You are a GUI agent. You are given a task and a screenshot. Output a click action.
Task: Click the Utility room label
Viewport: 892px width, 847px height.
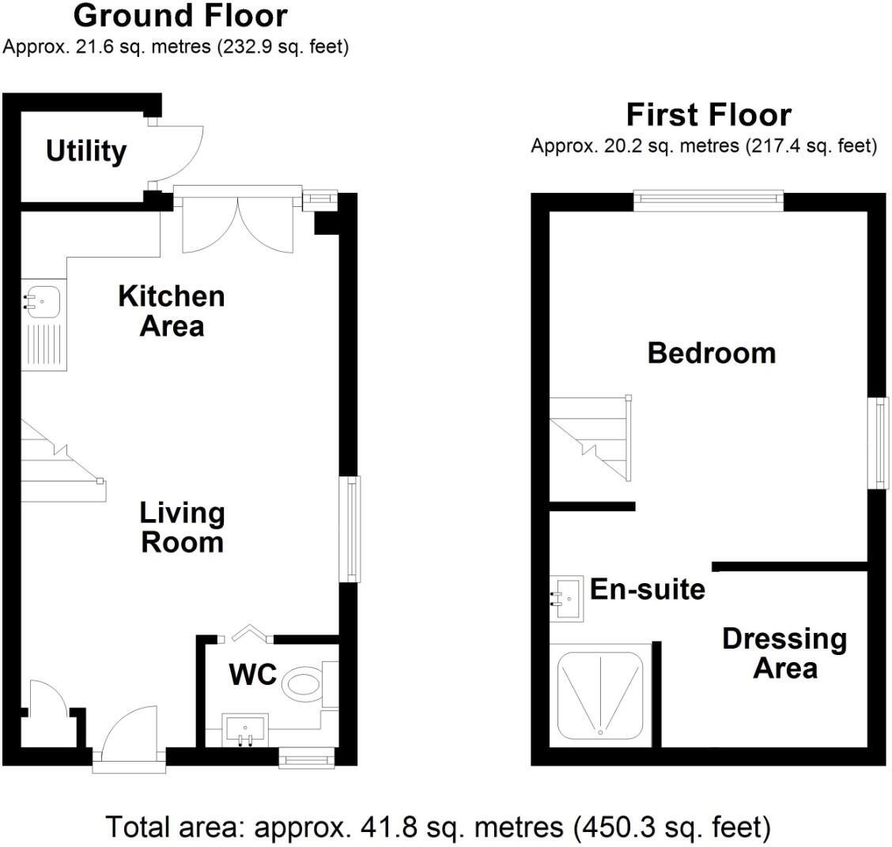tap(86, 152)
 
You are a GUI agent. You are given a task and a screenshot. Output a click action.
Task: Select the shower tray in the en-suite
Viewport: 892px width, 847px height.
tap(600, 695)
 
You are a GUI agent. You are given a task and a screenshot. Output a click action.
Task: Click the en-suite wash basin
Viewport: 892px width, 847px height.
tap(567, 599)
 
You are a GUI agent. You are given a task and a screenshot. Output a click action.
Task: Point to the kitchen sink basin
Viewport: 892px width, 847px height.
tap(42, 301)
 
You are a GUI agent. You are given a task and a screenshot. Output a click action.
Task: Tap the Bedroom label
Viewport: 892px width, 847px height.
tap(711, 353)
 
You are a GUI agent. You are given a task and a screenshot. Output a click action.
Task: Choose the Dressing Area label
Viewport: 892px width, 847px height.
tap(784, 653)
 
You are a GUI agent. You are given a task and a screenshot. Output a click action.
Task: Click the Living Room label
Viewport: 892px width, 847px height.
tap(182, 527)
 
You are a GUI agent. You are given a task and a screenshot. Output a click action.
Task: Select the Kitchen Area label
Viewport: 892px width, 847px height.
tap(172, 311)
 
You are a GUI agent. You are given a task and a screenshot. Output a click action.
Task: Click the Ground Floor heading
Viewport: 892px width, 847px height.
tap(180, 16)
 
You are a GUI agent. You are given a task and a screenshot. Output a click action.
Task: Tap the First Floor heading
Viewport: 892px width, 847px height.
tap(709, 115)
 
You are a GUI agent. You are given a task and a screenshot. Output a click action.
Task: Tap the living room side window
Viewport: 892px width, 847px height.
tap(350, 529)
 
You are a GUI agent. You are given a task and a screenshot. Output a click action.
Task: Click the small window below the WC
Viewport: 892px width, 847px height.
tap(307, 759)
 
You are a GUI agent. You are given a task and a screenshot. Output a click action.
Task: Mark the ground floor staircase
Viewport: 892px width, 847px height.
tap(63, 461)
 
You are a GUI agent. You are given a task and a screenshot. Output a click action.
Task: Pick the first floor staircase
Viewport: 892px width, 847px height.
tap(591, 438)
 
